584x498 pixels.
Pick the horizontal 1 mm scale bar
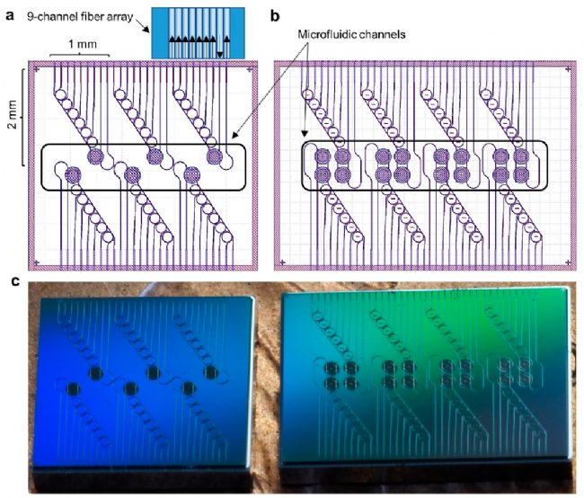pyautogui.click(x=81, y=57)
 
